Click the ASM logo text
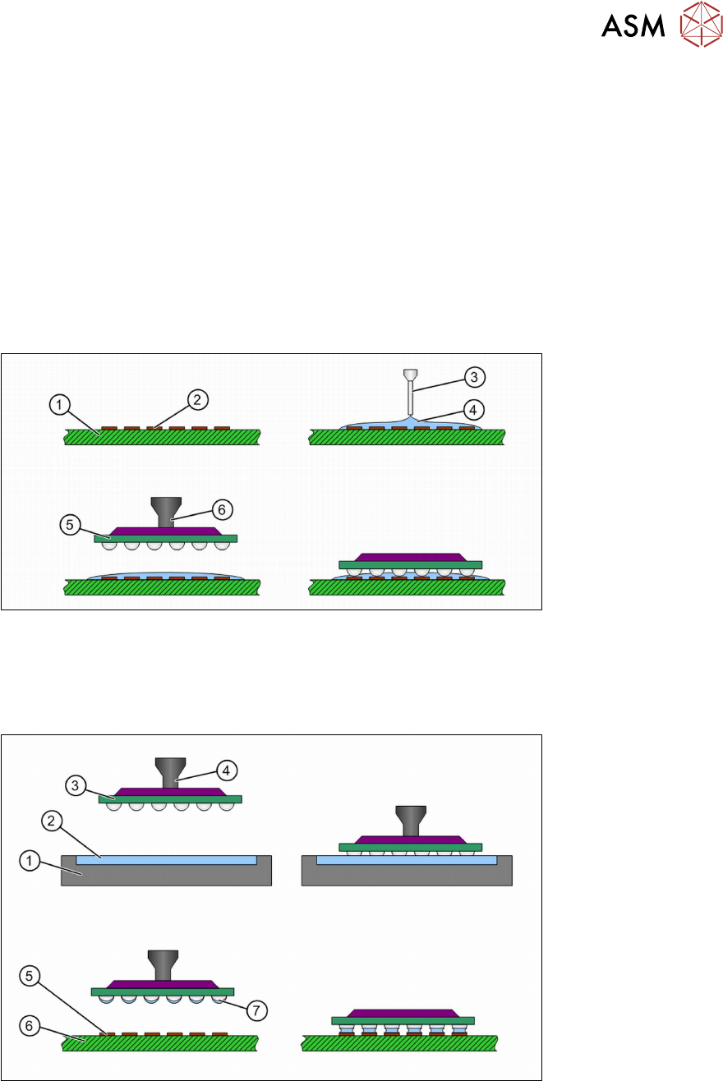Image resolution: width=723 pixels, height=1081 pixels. (x=633, y=28)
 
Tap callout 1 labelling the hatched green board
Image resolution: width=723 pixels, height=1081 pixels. (x=58, y=404)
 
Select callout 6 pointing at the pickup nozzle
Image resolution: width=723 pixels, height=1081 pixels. (x=219, y=509)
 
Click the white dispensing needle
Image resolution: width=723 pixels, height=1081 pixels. (x=410, y=395)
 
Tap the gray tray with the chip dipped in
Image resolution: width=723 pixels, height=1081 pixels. (x=408, y=874)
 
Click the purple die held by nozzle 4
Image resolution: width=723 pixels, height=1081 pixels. (x=169, y=791)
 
